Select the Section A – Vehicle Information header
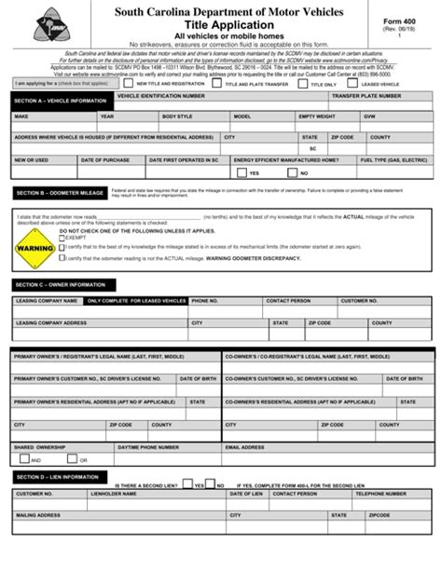pyautogui.click(x=58, y=102)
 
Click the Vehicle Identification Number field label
pyautogui.click(x=161, y=96)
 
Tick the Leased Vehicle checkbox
pyautogui.click(x=357, y=83)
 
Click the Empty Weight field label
pyautogui.click(x=317, y=116)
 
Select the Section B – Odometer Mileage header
pyautogui.click(x=57, y=193)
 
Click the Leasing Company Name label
pyautogui.click(x=46, y=301)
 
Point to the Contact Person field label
pyautogui.click(x=288, y=301)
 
